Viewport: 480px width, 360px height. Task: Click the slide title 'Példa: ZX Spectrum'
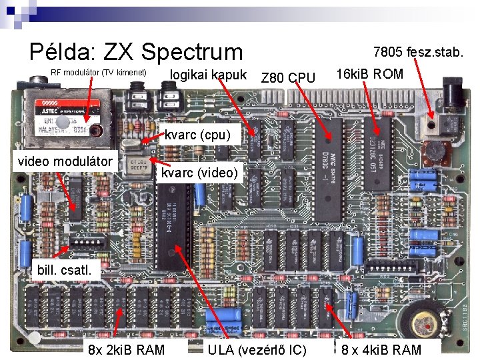[137, 52]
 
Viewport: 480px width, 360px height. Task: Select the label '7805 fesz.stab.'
[419, 51]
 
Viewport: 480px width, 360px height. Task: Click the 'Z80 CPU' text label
[288, 79]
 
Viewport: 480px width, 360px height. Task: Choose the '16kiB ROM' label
[370, 74]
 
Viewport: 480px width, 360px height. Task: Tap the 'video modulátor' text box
[65, 161]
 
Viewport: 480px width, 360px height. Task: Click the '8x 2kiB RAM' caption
[126, 349]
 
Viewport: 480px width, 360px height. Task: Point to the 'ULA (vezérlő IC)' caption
[257, 349]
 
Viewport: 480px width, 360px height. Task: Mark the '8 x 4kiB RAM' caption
[381, 349]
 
